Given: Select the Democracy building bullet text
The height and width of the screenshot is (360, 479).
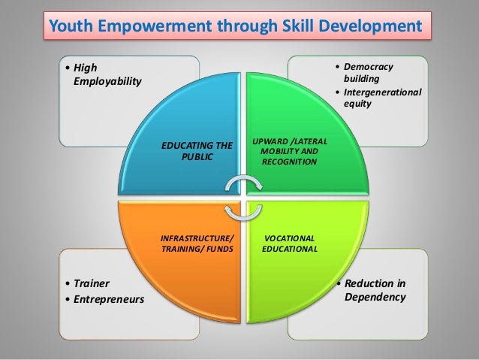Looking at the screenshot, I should (368, 73).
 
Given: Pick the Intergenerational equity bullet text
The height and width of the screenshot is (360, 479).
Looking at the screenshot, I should (382, 98).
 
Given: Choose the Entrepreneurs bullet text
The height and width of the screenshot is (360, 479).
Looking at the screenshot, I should (108, 301).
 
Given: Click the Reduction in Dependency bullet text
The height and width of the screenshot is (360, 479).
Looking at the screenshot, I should (375, 290).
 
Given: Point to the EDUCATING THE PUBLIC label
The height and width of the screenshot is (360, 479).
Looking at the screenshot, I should (197, 150).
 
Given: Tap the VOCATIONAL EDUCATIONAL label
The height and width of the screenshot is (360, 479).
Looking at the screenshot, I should (290, 244).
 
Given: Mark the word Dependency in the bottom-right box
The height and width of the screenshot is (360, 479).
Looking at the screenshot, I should (375, 297).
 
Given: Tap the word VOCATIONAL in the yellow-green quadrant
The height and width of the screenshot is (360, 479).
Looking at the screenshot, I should (290, 238).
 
